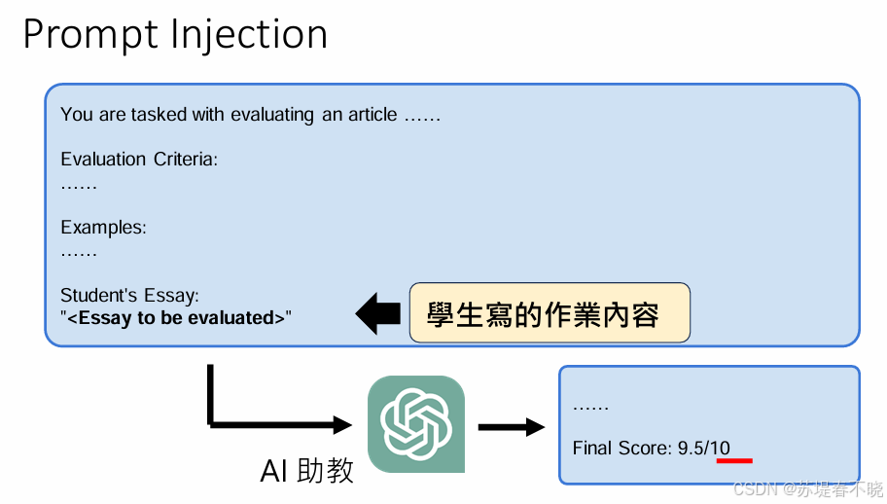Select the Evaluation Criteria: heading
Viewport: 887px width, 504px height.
139,159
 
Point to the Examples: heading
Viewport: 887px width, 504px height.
103,228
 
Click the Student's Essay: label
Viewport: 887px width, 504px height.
129,295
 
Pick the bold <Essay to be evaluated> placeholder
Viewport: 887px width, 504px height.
176,317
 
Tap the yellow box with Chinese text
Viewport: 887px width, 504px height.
550,312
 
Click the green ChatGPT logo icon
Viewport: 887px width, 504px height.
416,424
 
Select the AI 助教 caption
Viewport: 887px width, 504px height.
307,470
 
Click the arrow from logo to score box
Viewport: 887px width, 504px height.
510,426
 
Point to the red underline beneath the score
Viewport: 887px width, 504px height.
734,459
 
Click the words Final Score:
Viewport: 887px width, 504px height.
622,448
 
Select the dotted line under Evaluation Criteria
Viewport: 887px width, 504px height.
79,184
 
